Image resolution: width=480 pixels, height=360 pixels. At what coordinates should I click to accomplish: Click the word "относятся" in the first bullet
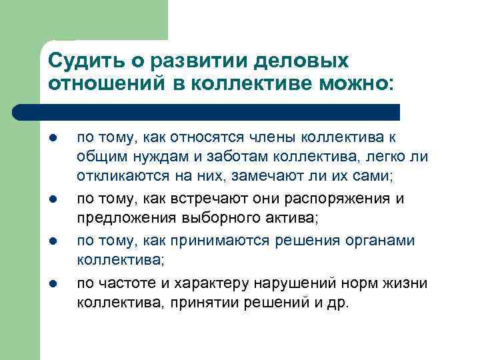pyautogui.click(x=209, y=138)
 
